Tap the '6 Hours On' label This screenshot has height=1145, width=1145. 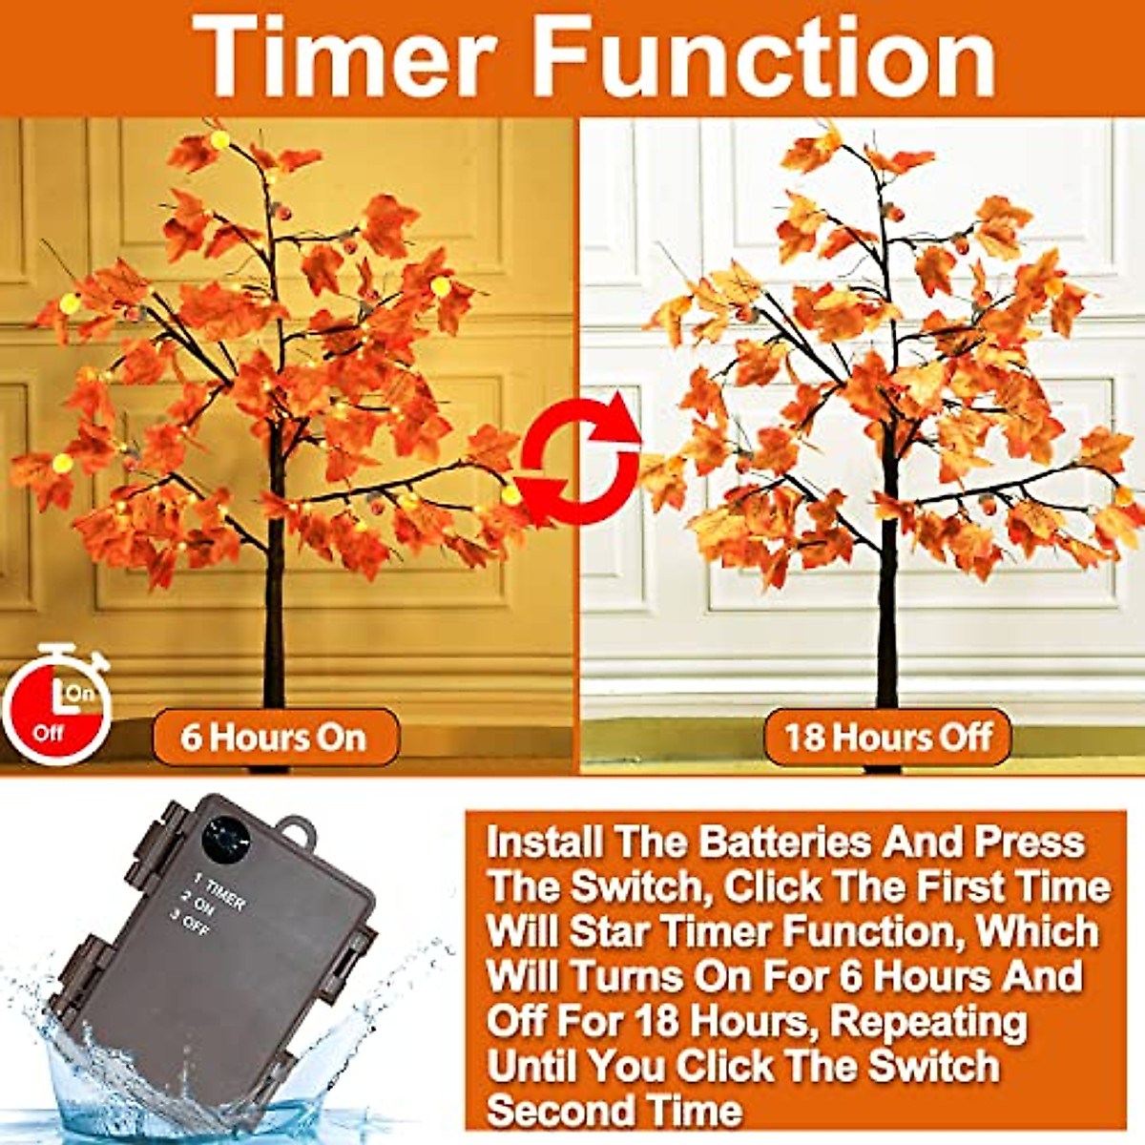[274, 738]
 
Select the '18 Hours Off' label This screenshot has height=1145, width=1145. [887, 738]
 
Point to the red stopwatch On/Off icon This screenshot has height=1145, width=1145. [57, 706]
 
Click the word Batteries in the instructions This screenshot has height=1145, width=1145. [784, 843]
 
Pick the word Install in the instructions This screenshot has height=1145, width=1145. [545, 843]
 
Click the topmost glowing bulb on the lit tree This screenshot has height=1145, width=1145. [220, 140]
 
